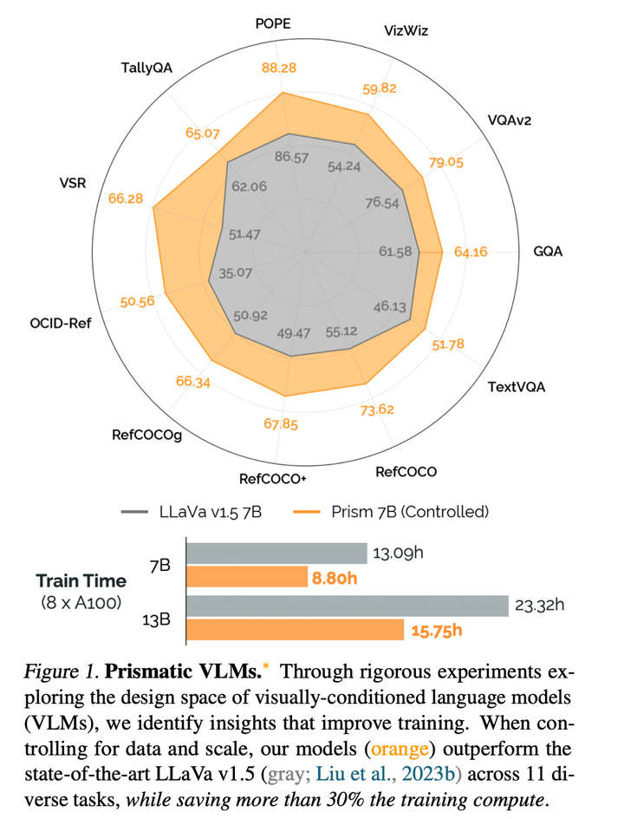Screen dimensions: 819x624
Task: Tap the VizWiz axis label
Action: click(x=406, y=30)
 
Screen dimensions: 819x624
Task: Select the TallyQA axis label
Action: click(x=148, y=68)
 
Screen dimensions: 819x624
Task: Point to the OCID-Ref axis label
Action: click(x=60, y=324)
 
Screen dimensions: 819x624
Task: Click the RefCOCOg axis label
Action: click(x=146, y=435)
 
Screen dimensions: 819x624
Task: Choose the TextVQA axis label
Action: click(x=517, y=387)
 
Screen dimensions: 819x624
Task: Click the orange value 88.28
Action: click(x=280, y=69)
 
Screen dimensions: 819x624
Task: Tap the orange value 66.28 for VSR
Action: click(x=127, y=199)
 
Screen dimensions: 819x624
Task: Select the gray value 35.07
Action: click(x=235, y=273)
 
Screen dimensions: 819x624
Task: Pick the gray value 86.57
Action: click(x=292, y=157)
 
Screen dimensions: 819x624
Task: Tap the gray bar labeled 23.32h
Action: click(x=347, y=606)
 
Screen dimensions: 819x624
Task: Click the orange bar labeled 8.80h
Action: click(x=247, y=576)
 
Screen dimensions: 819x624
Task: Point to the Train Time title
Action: click(x=81, y=581)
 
